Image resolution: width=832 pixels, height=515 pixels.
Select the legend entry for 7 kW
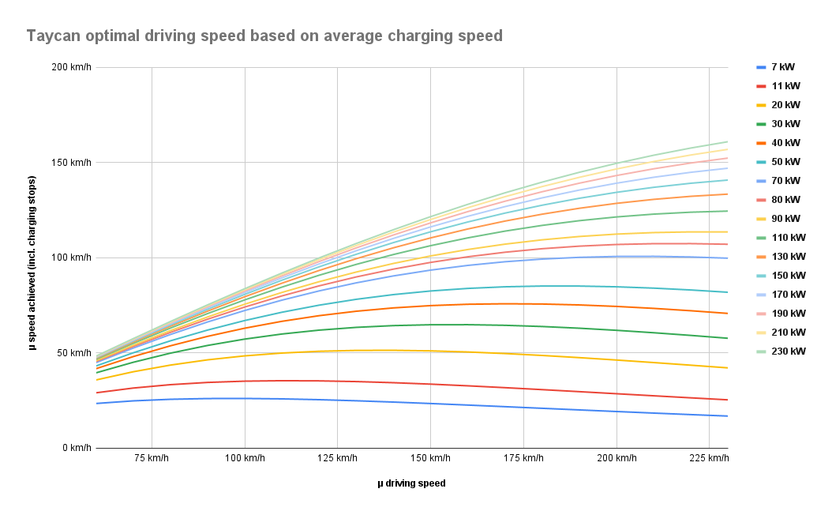(782, 67)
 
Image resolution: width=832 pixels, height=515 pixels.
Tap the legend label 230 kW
(788, 351)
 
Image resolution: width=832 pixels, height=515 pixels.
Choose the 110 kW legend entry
(788, 238)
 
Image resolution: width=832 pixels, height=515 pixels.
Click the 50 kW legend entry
(785, 162)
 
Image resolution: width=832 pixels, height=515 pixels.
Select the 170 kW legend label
(788, 295)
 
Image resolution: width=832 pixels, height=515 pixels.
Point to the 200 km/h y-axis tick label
(70, 68)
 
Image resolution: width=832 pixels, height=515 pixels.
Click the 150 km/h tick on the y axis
(70, 163)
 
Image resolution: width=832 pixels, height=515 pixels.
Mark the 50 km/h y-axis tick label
(73, 353)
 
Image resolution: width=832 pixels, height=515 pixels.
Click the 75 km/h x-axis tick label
(152, 459)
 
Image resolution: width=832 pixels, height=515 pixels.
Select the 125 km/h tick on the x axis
(337, 459)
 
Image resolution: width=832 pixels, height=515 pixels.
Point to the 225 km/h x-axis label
(709, 459)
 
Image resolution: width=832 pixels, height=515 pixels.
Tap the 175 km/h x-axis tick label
(523, 459)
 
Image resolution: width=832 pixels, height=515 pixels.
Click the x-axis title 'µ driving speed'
(410, 483)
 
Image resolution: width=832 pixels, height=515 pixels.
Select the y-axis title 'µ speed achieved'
(32, 258)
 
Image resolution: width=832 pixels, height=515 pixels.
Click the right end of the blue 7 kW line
(727, 416)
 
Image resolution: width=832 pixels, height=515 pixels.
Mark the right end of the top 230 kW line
(727, 141)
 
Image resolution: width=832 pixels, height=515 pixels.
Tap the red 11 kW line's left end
(96, 393)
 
